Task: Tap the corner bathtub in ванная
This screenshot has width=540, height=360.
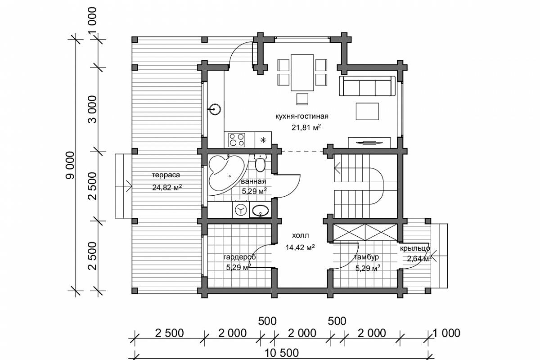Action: coord(225,175)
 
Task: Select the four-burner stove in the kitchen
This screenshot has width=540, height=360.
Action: coord(237,140)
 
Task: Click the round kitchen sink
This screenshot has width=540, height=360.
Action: coord(214,109)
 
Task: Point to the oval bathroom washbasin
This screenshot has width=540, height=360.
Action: coord(260,211)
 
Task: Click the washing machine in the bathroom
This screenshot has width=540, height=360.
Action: coord(241,209)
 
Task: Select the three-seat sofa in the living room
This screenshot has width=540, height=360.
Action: coord(367,86)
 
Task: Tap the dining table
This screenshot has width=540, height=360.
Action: coord(302,72)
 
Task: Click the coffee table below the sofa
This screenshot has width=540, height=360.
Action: coord(367,111)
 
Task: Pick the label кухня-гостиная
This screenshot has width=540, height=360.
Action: coord(302,117)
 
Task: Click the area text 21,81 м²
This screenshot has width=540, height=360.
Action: coord(306,127)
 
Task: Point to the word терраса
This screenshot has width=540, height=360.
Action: coord(166,175)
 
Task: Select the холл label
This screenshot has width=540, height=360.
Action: coord(301,235)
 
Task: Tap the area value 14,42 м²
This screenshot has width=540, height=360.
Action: coord(300,247)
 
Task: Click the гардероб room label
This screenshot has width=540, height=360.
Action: coord(239,257)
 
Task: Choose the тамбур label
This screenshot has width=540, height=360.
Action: coord(366,257)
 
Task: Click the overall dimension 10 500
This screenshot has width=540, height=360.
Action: coord(282,353)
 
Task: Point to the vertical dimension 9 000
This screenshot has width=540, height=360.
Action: coord(70,165)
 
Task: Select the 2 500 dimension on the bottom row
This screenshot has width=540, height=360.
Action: coord(169,333)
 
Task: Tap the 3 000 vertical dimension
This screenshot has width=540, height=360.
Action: coord(92,109)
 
